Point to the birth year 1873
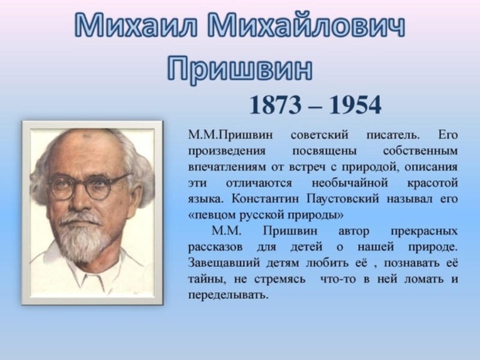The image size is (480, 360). coord(275,105)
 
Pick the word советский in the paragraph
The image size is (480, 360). coord(319,135)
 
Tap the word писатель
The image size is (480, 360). coord(393,135)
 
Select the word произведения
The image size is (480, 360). coord(227,152)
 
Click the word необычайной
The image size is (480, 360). coord(350,183)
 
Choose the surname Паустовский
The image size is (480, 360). coord(343,199)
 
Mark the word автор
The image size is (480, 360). coord(353,232)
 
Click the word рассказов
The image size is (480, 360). coord(215,247)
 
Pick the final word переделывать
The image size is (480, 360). coord(228,295)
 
